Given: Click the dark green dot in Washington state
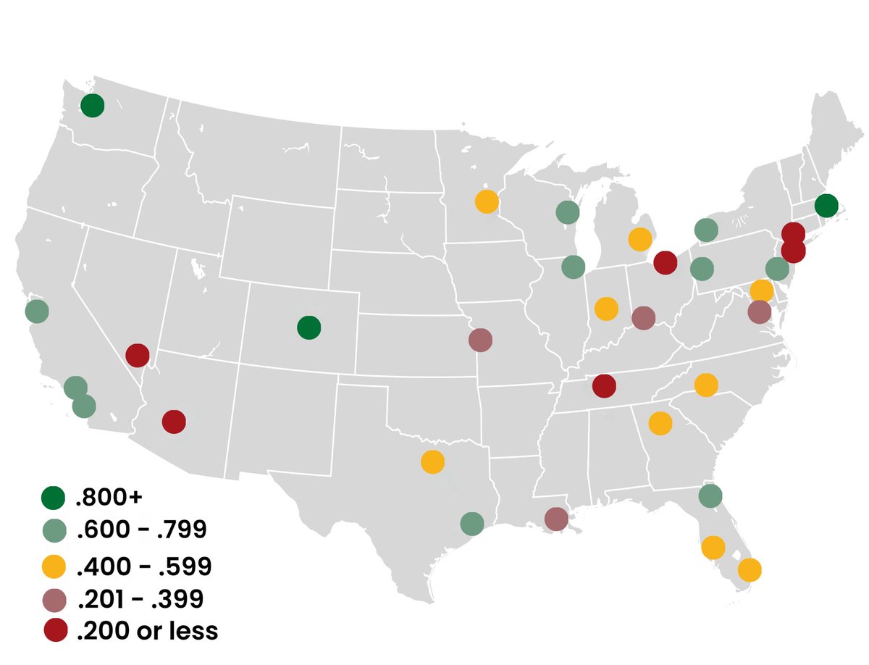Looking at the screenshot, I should tap(92, 105).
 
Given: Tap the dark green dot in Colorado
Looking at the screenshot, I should tap(308, 327).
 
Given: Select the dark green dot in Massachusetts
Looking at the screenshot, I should tap(826, 206).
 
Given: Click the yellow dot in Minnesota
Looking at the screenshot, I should tap(487, 201).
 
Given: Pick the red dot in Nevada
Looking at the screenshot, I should tap(137, 356).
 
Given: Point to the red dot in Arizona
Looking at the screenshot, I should tap(174, 422).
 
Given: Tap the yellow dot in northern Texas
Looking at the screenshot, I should tap(432, 461).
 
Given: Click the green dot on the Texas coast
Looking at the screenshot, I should tap(471, 523).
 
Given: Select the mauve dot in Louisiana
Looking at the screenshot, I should tap(555, 519).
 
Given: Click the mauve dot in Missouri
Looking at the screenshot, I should tap(480, 339).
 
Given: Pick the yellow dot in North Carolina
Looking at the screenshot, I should tap(705, 385).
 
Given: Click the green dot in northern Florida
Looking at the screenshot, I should tap(710, 496).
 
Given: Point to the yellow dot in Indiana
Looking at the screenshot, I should tap(605, 309).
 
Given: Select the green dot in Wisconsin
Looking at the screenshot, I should tap(567, 212).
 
